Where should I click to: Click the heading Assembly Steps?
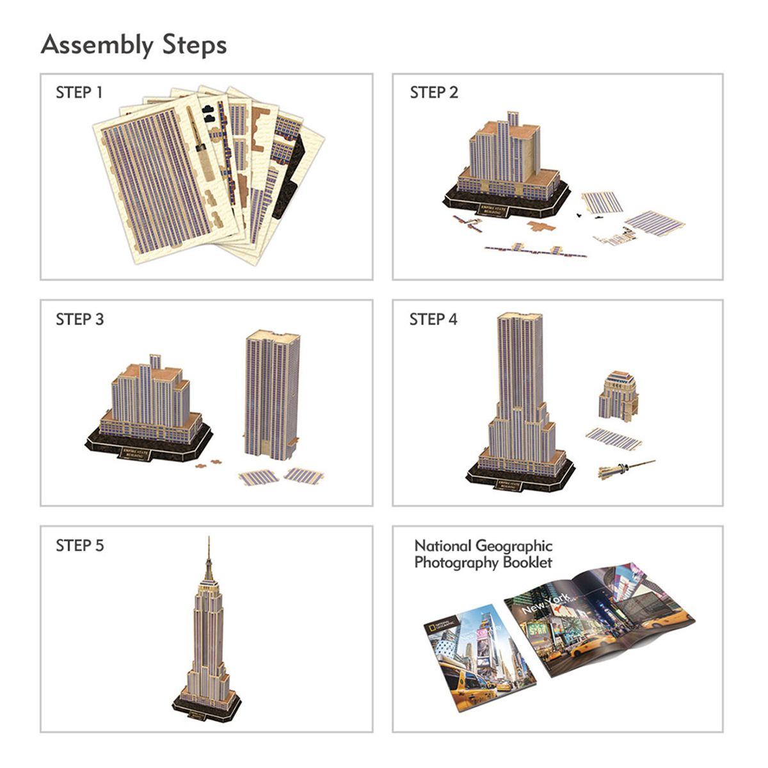[133, 45]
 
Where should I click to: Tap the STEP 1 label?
[79, 93]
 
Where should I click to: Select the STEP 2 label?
[433, 93]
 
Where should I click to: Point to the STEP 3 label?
[79, 319]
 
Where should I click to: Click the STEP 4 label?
[433, 319]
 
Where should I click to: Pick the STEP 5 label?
[79, 546]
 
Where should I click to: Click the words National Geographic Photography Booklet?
[483, 554]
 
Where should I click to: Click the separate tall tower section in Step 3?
[271, 396]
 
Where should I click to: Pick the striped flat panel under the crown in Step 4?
[614, 438]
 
